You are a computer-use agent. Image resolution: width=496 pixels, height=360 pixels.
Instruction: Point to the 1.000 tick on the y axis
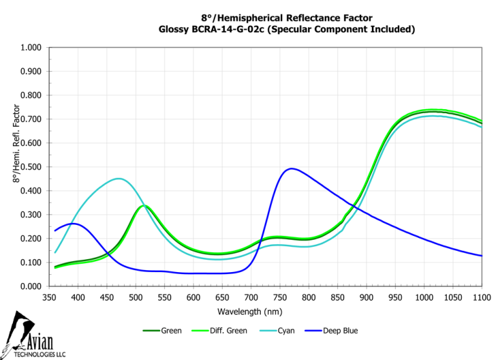[x=31, y=48]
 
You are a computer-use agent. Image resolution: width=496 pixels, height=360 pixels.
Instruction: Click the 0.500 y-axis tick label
[x=31, y=167]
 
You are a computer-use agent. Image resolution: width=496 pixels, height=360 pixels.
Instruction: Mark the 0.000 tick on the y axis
[x=31, y=286]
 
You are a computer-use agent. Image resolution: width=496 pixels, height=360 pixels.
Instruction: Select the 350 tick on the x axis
[x=50, y=297]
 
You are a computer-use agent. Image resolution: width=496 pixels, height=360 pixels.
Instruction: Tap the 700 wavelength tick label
[x=251, y=297]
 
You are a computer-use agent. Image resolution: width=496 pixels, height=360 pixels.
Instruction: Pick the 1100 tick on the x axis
[x=482, y=297]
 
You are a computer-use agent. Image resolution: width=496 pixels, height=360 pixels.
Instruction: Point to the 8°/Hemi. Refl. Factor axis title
[x=17, y=138]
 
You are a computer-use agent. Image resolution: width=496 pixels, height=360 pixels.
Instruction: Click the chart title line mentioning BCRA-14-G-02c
[x=287, y=29]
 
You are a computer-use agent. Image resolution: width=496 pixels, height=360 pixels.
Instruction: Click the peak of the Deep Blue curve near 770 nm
[x=292, y=169]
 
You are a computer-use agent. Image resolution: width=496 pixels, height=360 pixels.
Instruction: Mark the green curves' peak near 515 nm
[x=144, y=206]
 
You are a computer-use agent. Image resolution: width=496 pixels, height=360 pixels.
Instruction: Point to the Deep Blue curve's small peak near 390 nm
[x=73, y=224]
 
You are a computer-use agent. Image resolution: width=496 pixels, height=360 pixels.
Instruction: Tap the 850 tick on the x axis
[x=338, y=297]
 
